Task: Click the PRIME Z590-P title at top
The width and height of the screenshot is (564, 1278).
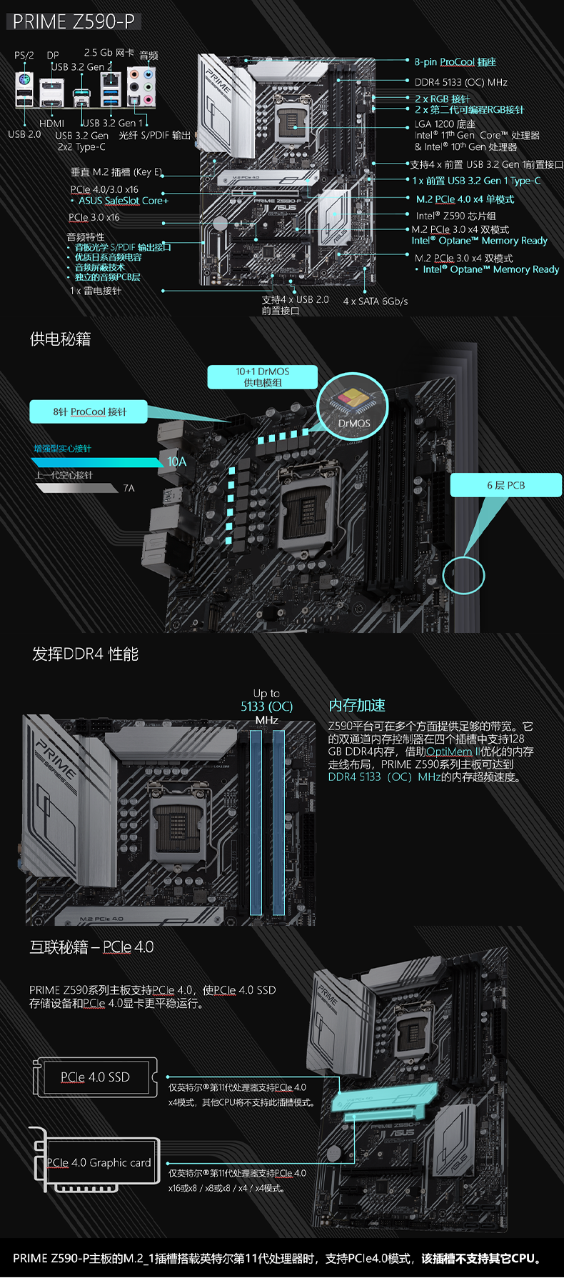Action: [x=74, y=21]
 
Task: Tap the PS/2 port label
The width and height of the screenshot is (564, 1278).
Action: [x=24, y=55]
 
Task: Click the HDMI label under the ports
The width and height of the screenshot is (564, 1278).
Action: [x=51, y=124]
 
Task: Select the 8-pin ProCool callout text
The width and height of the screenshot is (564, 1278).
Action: [x=455, y=62]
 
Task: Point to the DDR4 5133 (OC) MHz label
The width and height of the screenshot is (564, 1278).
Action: [x=460, y=82]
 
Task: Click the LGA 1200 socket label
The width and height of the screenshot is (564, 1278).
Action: [x=445, y=124]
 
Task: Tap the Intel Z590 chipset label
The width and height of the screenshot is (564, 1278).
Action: [x=455, y=216]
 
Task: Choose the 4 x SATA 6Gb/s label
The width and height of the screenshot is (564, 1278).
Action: [x=376, y=301]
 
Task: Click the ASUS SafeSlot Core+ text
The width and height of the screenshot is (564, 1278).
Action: [x=123, y=201]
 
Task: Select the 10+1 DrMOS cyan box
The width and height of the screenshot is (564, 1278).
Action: [x=262, y=376]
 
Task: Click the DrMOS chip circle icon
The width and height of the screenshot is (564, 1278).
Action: [x=353, y=407]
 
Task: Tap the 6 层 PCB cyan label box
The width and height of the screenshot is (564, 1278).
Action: [x=505, y=485]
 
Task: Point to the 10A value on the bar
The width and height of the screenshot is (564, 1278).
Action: [x=177, y=461]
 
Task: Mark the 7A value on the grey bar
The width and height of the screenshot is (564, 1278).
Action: [x=129, y=488]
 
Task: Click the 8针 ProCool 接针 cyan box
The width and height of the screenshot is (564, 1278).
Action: [x=89, y=411]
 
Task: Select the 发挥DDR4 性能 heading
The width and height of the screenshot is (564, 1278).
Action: [x=85, y=654]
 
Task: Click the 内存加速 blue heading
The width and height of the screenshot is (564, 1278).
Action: [x=356, y=705]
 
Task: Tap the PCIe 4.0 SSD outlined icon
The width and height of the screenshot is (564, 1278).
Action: [x=95, y=1077]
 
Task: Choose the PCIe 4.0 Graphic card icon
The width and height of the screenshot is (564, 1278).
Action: [x=98, y=1162]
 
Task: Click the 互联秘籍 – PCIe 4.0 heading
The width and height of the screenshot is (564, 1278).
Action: [x=91, y=947]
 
